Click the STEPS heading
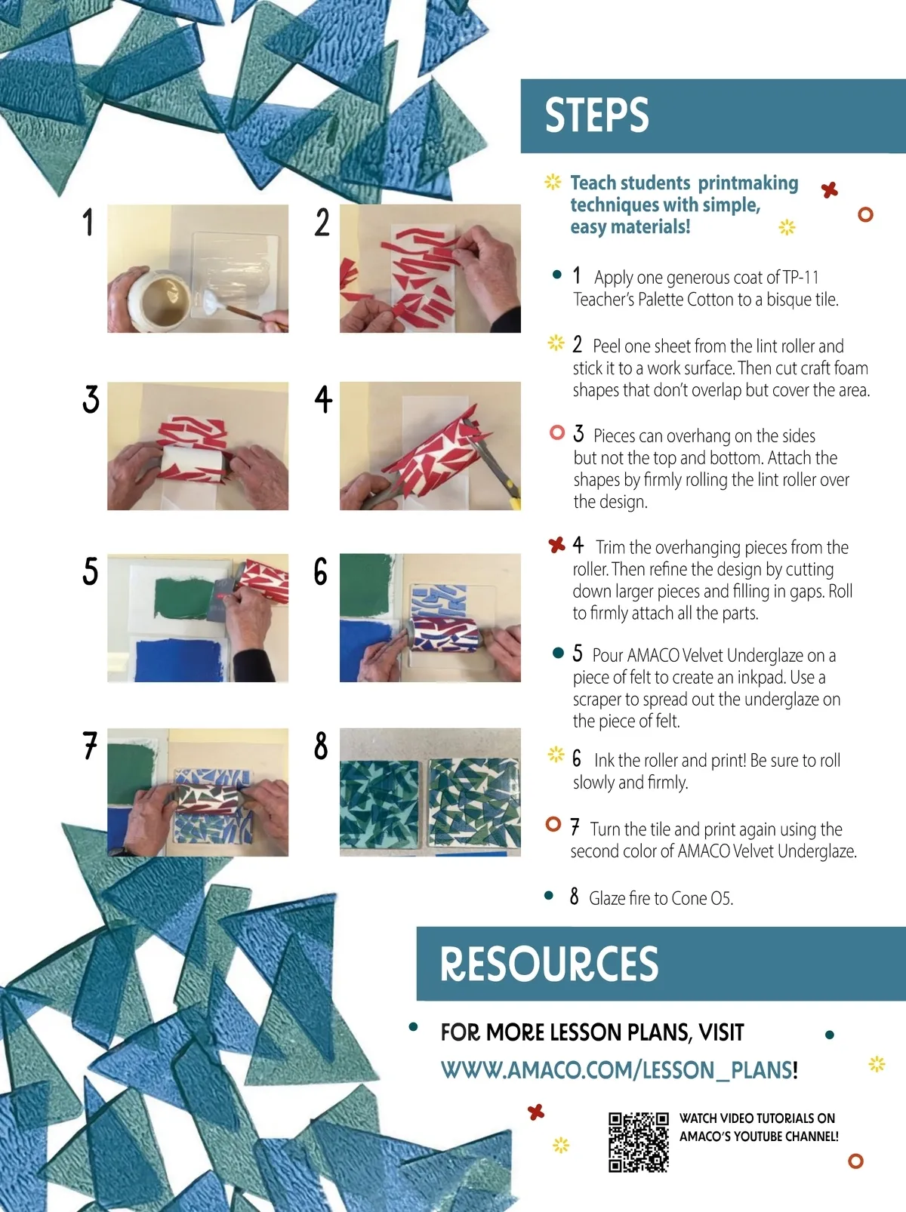(596, 115)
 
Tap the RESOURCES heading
(549, 964)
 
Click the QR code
(639, 1142)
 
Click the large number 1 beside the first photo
(88, 222)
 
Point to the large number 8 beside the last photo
(320, 746)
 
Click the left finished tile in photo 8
(379, 804)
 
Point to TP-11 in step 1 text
(800, 277)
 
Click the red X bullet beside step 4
(557, 545)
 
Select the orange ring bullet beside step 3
(557, 432)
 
